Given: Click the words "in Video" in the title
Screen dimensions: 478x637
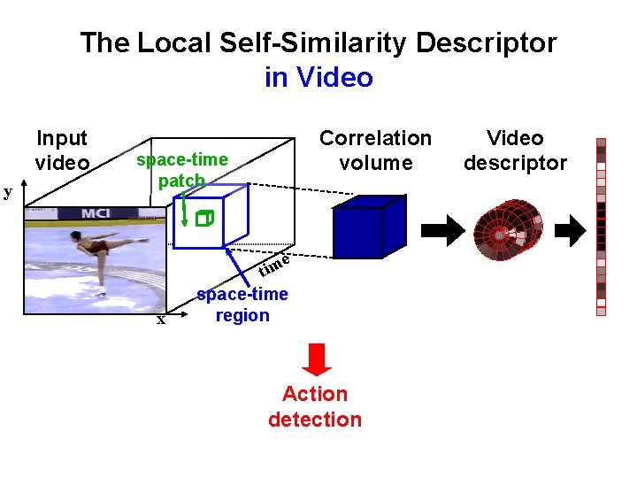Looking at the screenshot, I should (318, 78).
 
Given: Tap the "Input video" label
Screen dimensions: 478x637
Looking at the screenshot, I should (62, 150).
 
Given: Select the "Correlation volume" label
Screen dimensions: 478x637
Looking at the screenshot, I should (375, 150).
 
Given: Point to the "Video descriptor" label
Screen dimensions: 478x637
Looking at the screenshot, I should (515, 150).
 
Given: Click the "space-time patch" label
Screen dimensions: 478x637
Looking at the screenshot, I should (181, 170).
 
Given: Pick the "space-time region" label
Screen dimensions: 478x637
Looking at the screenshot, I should (242, 305).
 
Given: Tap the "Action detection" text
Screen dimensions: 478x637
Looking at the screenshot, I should (315, 406).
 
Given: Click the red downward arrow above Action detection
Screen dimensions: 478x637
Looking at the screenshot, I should (317, 358).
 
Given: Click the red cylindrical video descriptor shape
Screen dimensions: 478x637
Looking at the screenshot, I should (506, 231).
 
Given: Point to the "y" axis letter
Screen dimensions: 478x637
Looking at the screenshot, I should (7, 191).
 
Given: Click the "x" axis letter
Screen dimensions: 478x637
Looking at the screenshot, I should (160, 320).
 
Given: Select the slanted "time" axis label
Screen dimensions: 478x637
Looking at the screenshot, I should (275, 263).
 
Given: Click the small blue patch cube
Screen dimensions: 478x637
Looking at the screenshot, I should (205, 218).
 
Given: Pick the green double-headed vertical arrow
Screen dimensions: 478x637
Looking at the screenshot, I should (184, 212).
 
